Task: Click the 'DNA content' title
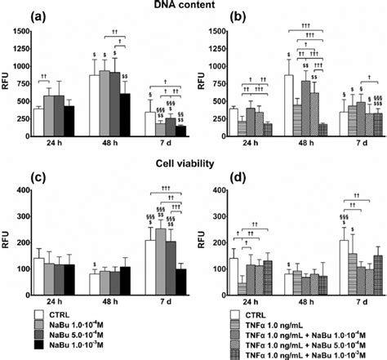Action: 193,7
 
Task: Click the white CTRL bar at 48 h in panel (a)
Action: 93,106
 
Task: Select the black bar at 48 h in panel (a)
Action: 124,115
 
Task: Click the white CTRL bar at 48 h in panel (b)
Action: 288,106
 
